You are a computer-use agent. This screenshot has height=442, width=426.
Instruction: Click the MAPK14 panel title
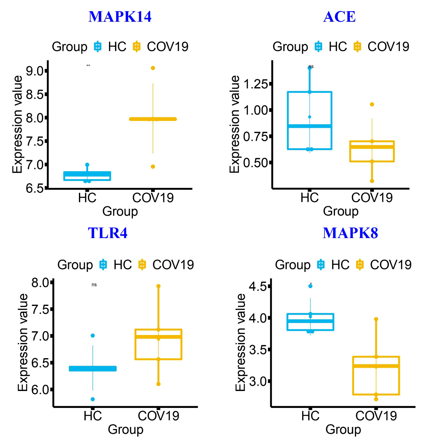[120, 17]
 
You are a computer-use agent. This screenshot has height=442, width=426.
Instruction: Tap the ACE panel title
[339, 17]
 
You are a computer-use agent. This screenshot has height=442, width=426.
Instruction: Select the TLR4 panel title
[108, 233]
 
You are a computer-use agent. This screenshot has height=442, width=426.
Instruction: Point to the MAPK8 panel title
[350, 233]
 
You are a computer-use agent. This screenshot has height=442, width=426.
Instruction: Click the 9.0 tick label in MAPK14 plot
[35, 71]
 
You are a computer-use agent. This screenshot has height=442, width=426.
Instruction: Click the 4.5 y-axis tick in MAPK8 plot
[258, 286]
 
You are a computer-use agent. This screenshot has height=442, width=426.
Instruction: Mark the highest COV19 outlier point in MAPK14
[153, 68]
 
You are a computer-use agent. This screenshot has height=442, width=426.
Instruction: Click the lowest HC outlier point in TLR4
[93, 399]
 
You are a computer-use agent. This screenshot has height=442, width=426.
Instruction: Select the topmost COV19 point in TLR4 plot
[158, 286]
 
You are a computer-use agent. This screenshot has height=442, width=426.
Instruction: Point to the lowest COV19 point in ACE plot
[372, 181]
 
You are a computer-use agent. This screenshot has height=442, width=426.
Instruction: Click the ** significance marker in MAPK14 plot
[88, 66]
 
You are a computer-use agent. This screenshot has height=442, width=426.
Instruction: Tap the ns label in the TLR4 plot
[94, 285]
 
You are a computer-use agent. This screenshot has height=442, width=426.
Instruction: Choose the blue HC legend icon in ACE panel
[318, 47]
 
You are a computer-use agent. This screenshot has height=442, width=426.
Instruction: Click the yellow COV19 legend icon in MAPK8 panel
[359, 265]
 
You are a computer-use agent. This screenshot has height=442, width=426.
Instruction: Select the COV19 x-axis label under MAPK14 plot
[153, 198]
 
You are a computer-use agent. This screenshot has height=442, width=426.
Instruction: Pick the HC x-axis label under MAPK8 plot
[310, 416]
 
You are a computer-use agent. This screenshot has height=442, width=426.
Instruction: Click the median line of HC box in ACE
[310, 126]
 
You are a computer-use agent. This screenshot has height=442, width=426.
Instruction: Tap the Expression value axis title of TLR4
[23, 342]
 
